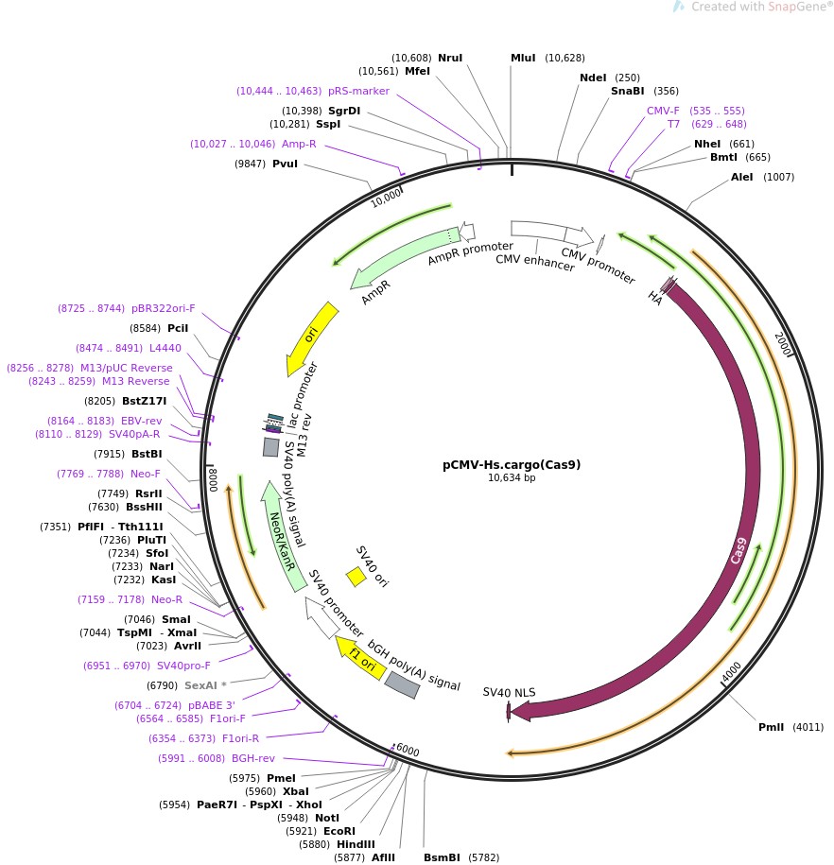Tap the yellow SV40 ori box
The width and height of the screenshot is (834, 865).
[356, 576]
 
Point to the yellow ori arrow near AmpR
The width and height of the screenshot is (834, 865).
[311, 338]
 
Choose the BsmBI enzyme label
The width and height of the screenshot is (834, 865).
[442, 857]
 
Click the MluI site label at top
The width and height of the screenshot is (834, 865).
[523, 58]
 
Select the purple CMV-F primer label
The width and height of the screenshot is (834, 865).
[663, 111]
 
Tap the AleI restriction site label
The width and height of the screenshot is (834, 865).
[742, 177]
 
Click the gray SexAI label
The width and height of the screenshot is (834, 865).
[200, 685]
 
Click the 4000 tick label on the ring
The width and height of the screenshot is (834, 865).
[732, 672]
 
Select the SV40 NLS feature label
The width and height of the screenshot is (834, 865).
[509, 692]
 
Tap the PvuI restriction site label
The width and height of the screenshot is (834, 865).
[285, 164]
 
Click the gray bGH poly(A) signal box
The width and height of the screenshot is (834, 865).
[402, 685]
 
